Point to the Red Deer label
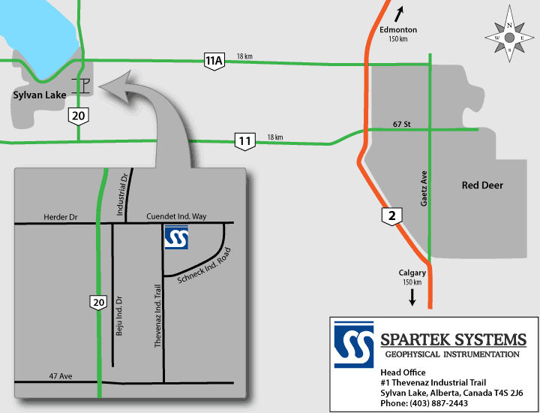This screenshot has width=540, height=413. [x=482, y=185]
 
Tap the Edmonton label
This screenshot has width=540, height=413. [x=397, y=30]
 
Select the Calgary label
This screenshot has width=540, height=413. [x=412, y=272]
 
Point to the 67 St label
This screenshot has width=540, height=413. [x=403, y=123]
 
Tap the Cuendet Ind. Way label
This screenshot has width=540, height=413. [x=176, y=216]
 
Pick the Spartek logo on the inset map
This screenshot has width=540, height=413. [x=177, y=238]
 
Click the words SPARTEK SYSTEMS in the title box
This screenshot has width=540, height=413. [x=453, y=339]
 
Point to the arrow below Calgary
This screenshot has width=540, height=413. [x=412, y=297]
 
